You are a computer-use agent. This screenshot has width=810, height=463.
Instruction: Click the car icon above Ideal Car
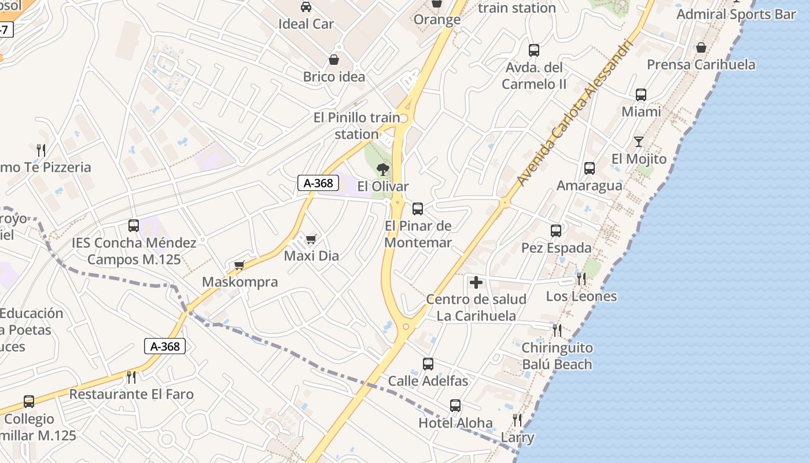pyautogui.click(x=305, y=7)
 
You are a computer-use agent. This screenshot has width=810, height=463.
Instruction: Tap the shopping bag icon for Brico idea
pyautogui.click(x=334, y=59)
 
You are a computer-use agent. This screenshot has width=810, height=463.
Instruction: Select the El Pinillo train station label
pyautogui.click(x=356, y=126)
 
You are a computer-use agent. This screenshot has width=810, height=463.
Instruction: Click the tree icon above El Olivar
pyautogui.click(x=382, y=170)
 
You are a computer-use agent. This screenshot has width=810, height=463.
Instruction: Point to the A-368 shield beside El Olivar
pyautogui.click(x=318, y=183)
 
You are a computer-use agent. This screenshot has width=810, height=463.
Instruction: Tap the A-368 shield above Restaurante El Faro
pyautogui.click(x=165, y=346)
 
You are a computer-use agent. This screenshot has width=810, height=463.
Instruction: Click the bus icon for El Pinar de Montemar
pyautogui.click(x=418, y=208)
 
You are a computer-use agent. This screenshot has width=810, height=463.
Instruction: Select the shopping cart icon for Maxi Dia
pyautogui.click(x=311, y=238)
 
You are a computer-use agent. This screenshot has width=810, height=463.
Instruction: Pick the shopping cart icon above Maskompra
pyautogui.click(x=240, y=265)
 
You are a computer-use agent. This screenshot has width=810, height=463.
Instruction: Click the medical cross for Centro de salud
pyautogui.click(x=476, y=282)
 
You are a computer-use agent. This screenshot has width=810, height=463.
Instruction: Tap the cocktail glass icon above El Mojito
pyautogui.click(x=639, y=142)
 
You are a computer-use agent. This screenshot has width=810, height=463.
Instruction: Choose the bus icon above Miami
pyautogui.click(x=641, y=95)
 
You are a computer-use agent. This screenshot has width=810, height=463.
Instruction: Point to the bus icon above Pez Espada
pyautogui.click(x=556, y=231)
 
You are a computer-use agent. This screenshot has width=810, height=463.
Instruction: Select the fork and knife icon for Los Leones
pyautogui.click(x=581, y=279)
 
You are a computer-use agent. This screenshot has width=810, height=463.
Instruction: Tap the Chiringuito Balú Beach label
pyautogui.click(x=557, y=356)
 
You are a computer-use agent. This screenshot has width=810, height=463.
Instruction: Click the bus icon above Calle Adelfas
pyautogui.click(x=428, y=364)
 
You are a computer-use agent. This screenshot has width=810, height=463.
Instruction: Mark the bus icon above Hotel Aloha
pyautogui.click(x=455, y=406)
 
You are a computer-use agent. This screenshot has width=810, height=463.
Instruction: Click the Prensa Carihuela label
pyautogui.click(x=701, y=64)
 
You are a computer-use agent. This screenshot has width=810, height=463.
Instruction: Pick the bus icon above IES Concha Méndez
pyautogui.click(x=134, y=226)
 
